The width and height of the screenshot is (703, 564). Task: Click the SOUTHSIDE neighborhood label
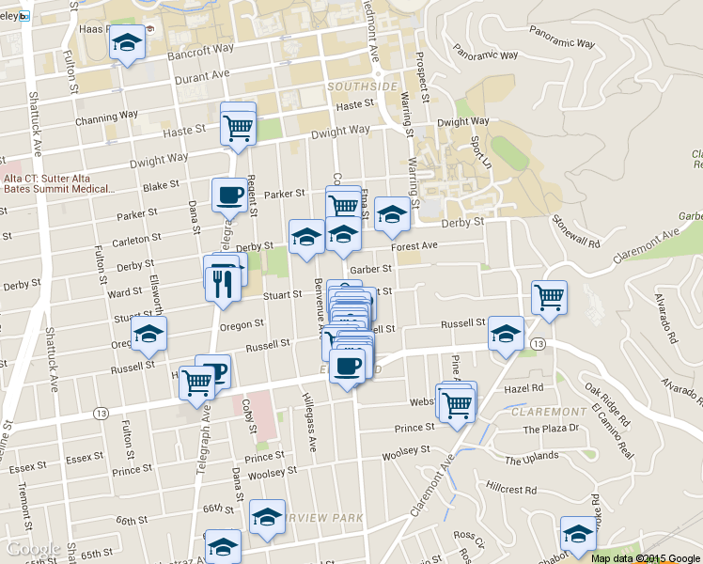363,86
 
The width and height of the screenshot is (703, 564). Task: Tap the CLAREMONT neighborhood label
548,412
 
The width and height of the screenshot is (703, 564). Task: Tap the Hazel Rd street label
524,387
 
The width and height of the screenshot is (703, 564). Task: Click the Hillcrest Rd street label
511,490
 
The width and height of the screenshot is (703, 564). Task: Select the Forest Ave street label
415,245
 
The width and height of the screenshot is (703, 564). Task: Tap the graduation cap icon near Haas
127,43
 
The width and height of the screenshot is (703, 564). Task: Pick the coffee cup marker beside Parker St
228,196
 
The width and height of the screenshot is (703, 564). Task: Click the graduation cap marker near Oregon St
148,334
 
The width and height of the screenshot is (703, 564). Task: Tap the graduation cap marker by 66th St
267,517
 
